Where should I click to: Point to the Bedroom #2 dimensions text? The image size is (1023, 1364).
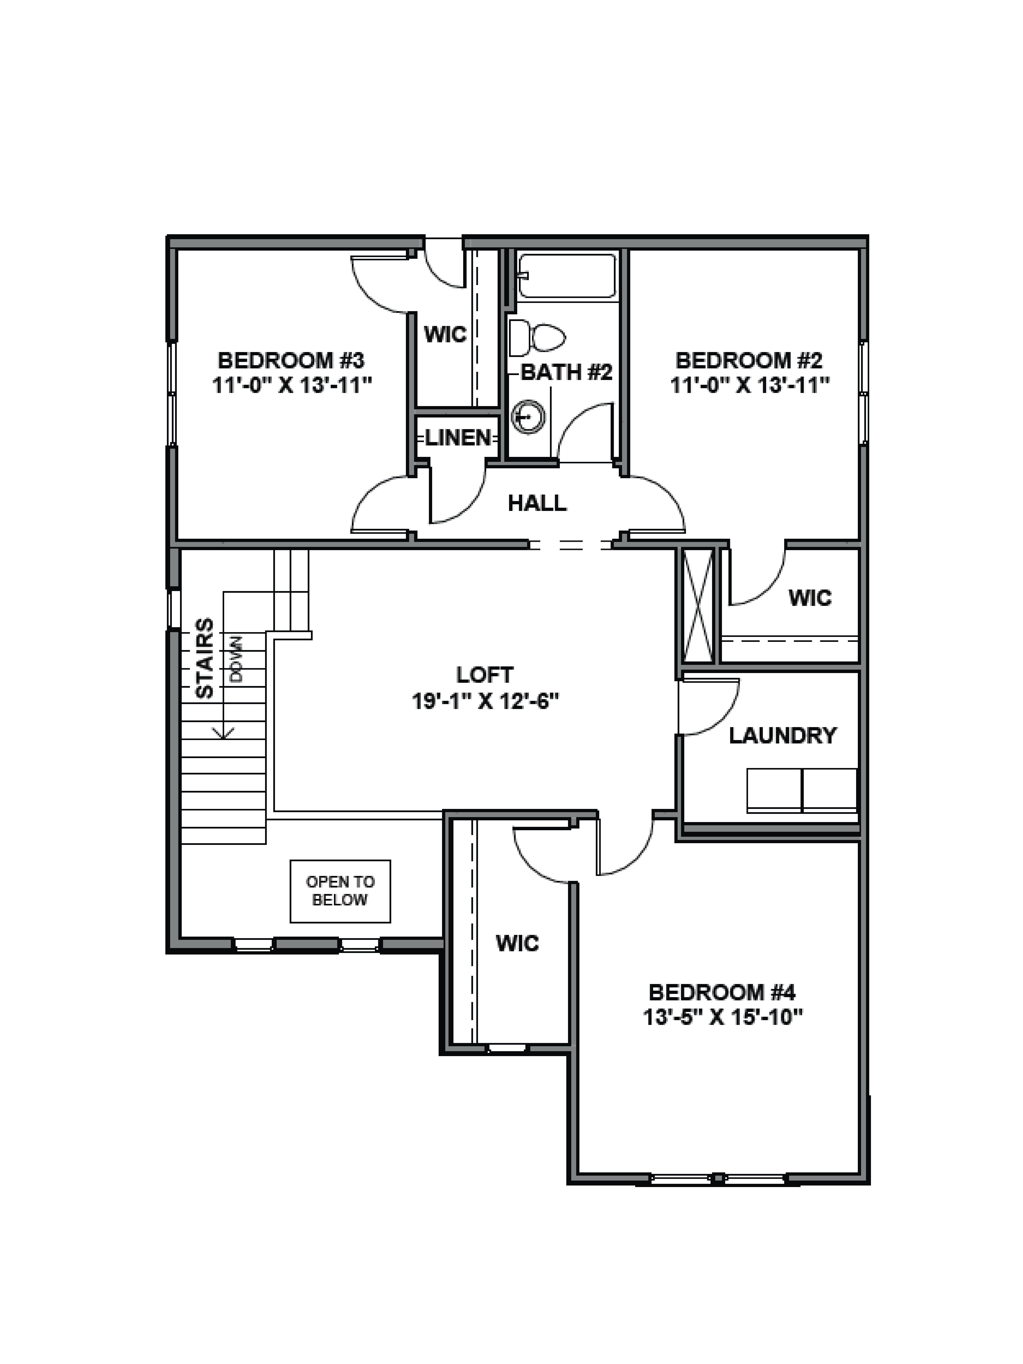[749, 385]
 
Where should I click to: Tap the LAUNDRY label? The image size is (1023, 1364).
[782, 736]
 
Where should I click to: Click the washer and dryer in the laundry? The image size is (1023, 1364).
[802, 790]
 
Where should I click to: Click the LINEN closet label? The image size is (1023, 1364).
[458, 438]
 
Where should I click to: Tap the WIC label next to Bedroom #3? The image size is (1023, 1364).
[445, 335]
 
